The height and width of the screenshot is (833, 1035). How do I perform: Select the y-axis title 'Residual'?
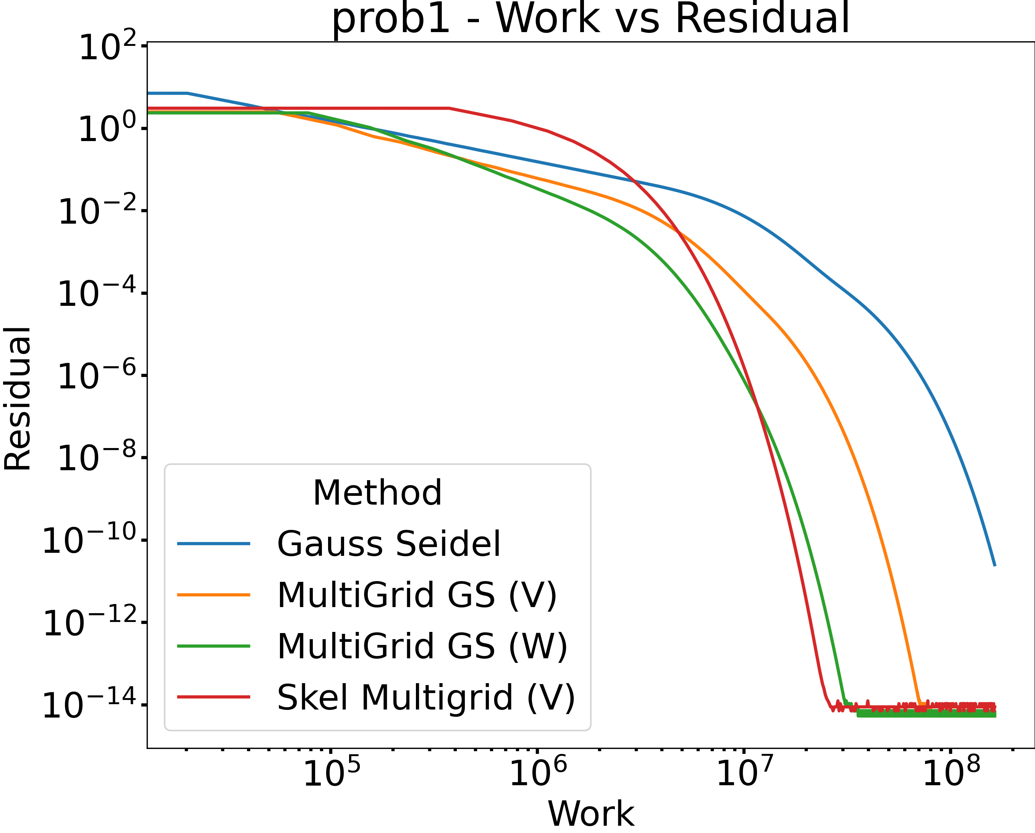[17, 399]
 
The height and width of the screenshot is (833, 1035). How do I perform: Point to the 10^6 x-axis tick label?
[538, 773]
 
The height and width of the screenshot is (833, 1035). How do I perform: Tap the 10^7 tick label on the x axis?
[745, 773]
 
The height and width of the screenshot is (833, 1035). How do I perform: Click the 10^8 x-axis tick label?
[951, 773]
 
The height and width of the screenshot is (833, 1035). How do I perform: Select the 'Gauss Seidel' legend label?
[389, 544]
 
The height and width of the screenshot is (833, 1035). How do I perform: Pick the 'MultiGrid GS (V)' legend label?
[417, 595]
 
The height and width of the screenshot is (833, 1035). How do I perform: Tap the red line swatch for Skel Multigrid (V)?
[213, 697]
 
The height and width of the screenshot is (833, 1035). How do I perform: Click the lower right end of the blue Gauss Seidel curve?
[995, 565]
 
